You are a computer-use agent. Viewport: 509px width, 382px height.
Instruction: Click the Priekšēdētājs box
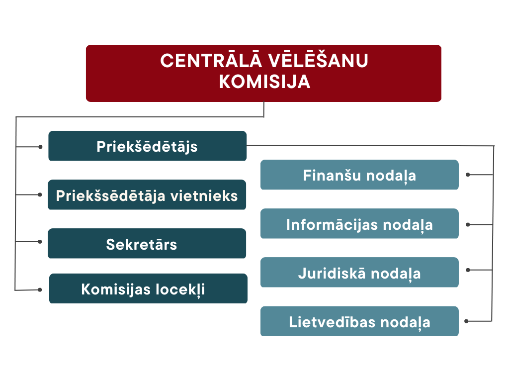[147, 146]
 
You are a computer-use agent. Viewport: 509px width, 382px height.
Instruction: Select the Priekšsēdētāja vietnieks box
[147, 194]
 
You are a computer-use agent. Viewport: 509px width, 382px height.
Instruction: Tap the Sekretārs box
[147, 243]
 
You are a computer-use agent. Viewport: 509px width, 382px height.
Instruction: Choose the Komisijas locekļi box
[148, 288]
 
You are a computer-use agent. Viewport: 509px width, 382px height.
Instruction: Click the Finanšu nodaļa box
[359, 175]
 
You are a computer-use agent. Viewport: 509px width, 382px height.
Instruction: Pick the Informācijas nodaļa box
[359, 223]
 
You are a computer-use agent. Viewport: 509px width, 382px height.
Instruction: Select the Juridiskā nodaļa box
[359, 272]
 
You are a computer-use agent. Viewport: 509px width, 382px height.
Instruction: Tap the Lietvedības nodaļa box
[359, 321]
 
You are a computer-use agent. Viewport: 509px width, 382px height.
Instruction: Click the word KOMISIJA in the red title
[264, 82]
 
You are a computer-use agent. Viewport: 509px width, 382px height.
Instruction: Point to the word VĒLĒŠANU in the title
[318, 60]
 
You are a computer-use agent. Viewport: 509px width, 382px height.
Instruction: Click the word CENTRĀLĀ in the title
[211, 60]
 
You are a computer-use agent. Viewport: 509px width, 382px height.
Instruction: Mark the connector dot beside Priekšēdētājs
[40, 147]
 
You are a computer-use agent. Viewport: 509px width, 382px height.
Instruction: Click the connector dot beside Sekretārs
[40, 242]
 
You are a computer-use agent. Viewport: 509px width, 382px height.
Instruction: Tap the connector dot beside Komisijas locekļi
[40, 289]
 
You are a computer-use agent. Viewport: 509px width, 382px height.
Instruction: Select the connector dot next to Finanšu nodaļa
[468, 175]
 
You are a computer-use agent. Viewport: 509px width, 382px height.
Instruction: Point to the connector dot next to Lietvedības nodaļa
[466, 321]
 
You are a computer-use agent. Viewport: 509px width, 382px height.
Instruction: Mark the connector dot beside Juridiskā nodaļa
[468, 270]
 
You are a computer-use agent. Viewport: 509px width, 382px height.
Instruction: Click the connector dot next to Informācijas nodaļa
[468, 224]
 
